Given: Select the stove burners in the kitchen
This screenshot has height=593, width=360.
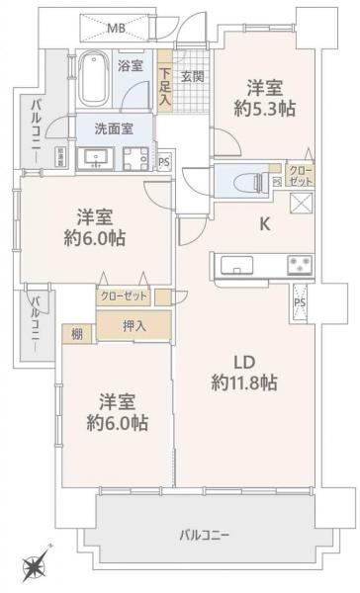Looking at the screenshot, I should (299, 264).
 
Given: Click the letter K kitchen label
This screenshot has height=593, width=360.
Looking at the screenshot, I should (264, 223).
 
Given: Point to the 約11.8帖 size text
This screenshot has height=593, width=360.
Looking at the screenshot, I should (243, 382).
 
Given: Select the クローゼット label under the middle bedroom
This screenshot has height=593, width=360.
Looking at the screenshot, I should (123, 296).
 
